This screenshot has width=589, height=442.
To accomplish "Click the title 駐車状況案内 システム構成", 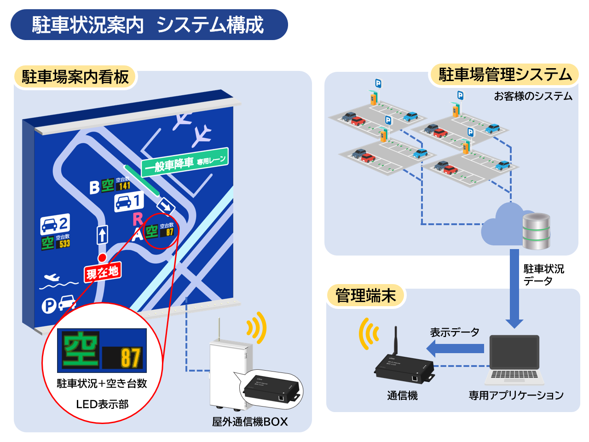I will coord(148,25).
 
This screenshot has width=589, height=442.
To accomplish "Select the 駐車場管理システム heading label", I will coord(505,75).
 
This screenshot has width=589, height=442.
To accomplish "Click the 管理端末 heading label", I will coord(365,296).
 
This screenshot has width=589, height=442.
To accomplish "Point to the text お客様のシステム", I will coord(533,96).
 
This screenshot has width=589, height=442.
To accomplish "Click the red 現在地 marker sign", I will coord(103,273).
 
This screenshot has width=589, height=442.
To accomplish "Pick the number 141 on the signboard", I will coord(124,186).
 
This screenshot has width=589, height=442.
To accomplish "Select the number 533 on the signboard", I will coord(64,244).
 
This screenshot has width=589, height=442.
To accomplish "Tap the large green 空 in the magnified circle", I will coord(81,350).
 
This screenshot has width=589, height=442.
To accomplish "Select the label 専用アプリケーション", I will coord(516,395).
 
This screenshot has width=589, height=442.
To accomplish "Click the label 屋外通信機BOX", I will coord(250,421).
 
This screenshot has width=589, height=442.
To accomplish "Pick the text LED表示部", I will coord(102,404).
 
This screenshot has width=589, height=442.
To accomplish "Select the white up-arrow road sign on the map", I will coord(102,235).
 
